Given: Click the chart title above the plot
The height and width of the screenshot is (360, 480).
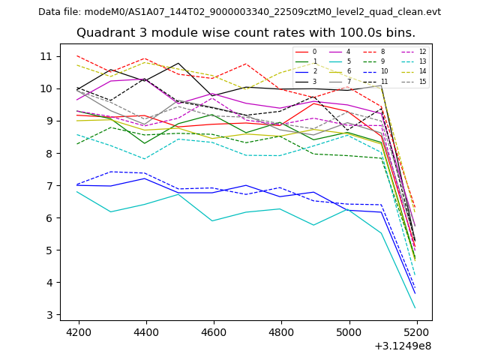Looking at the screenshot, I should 246,33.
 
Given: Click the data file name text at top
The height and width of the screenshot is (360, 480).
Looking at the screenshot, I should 239,12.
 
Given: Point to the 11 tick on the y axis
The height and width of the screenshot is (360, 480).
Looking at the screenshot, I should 46,56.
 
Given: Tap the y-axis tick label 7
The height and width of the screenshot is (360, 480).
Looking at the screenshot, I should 49,185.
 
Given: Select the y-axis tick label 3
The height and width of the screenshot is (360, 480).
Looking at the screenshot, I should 49,315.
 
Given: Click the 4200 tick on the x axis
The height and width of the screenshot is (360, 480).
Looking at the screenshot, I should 78,331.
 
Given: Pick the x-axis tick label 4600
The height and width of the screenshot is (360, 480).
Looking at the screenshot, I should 214,331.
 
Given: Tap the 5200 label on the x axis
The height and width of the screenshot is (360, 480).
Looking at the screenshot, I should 417,331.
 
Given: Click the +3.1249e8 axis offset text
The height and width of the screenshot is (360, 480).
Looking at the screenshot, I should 402,346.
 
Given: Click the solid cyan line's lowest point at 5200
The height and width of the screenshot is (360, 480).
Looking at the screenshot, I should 415,307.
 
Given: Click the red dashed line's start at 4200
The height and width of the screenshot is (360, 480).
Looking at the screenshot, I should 78,55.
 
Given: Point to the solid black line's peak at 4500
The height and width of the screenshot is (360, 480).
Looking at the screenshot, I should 178,63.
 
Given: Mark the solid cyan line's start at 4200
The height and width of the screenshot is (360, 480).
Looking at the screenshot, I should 78,191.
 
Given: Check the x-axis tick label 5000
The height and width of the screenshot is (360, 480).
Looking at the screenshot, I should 349,331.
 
